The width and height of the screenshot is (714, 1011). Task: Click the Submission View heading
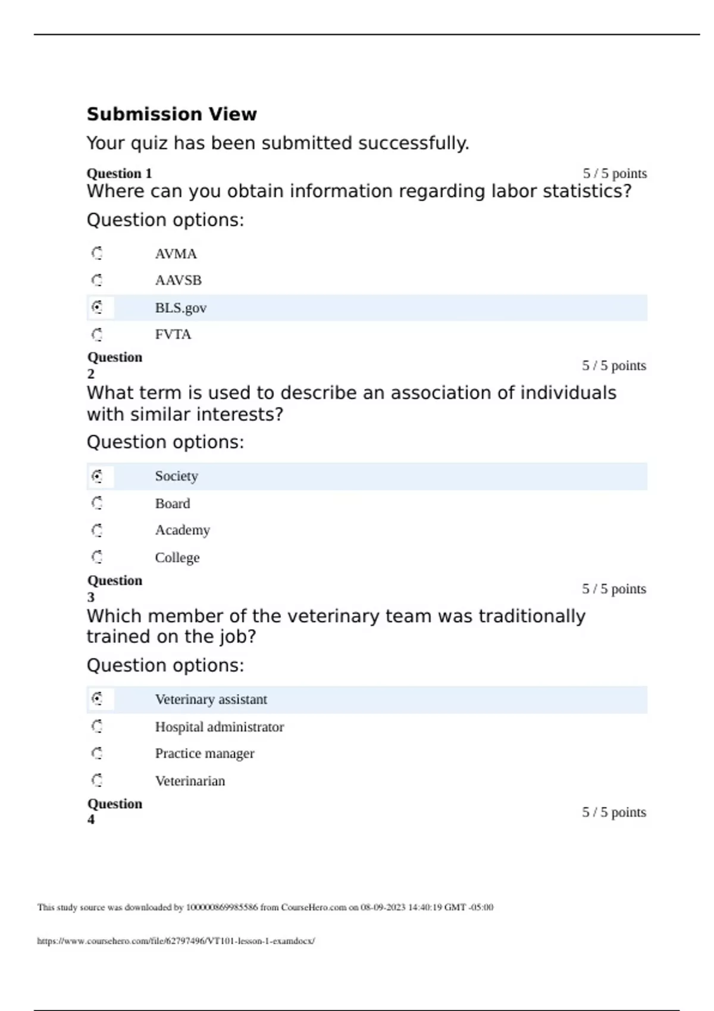[x=171, y=114]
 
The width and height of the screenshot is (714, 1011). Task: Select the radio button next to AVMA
[x=97, y=253]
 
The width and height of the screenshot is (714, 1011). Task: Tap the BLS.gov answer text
[x=180, y=308]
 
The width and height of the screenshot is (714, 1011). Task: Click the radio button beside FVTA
[x=97, y=334]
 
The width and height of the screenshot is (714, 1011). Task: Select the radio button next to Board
[x=97, y=503]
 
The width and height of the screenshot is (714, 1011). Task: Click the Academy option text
[x=182, y=530]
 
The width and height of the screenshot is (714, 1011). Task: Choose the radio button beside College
[x=97, y=557]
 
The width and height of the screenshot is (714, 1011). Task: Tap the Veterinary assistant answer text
[x=211, y=699]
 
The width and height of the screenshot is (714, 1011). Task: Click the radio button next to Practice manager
[x=97, y=753]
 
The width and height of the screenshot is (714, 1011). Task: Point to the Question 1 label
[x=119, y=174]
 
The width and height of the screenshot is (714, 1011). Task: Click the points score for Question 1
[x=615, y=174]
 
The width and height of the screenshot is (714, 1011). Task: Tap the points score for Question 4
[x=614, y=812]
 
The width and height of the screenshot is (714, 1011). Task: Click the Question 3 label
[x=114, y=588]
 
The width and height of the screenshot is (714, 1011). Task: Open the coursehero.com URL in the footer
[x=176, y=941]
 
